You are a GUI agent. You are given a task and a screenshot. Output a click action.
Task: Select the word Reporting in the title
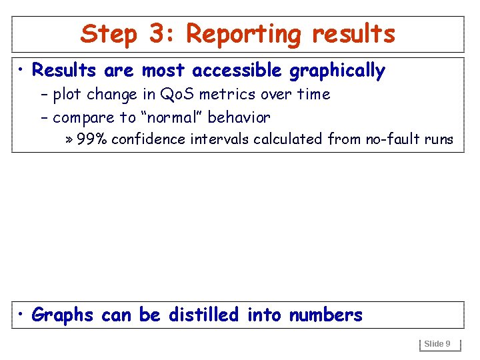coord(244,33)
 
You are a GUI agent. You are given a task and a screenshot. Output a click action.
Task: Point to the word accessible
coord(237,71)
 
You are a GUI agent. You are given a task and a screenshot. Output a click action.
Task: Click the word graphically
coord(337,71)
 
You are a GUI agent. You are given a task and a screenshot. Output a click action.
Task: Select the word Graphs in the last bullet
coord(63,315)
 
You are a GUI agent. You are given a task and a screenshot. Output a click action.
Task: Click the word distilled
coord(203,315)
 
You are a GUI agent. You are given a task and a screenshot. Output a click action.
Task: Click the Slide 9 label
coord(437,344)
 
